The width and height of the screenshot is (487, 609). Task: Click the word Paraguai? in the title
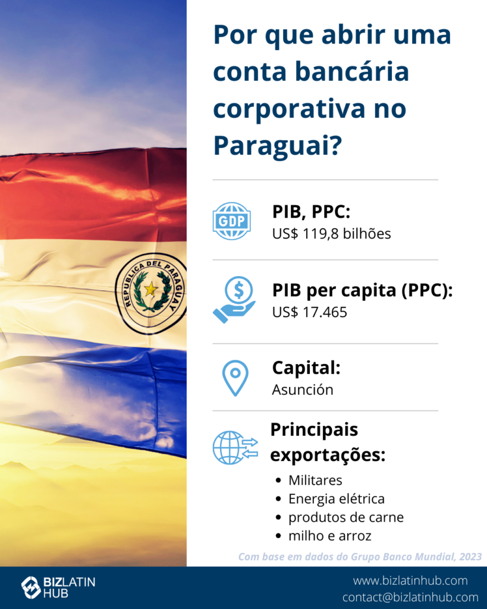278,146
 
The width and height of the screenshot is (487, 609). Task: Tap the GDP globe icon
231,221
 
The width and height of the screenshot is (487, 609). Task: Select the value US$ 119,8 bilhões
331,234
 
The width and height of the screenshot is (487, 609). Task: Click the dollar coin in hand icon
234,300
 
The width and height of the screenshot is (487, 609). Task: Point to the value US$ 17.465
310,312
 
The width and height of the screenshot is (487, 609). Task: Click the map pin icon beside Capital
235,378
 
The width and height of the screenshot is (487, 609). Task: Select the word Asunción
303,390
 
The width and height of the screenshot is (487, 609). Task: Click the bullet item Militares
315,481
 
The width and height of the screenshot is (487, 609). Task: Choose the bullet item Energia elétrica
337,499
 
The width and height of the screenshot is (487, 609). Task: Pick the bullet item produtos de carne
346,517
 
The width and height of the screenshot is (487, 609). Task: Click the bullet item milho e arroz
329,536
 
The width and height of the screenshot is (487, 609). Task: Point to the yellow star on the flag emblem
150,289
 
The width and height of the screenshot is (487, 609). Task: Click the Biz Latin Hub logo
58,587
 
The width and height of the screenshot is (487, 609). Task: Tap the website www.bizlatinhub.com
410,580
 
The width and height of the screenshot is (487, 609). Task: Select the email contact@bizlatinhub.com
410,597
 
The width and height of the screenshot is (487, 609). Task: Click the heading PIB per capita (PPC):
362,290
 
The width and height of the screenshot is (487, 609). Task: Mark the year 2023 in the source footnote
470,557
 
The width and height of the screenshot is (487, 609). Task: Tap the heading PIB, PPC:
311,212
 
